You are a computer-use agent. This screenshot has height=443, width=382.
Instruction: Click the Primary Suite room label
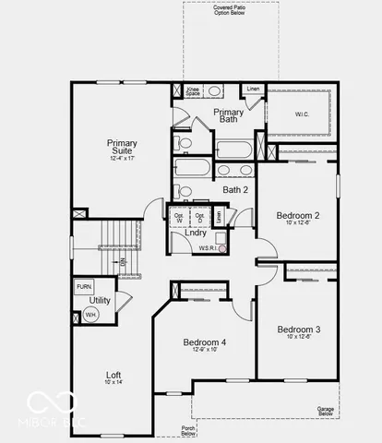tap(122, 149)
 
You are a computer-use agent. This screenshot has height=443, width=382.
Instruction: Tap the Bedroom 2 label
tap(298, 216)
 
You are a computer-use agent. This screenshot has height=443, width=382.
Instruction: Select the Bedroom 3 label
tap(298, 329)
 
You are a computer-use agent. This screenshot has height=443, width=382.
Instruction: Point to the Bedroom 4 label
tap(205, 341)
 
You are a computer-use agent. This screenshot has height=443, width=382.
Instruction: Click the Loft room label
tap(113, 375)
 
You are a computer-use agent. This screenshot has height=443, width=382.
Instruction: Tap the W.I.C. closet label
tap(302, 114)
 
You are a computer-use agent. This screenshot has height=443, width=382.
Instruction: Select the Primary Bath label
tap(229, 116)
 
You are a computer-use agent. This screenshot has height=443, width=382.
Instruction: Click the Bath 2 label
tap(235, 189)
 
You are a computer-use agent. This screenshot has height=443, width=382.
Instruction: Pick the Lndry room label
tap(196, 233)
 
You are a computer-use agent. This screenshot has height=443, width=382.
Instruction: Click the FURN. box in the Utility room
tap(84, 287)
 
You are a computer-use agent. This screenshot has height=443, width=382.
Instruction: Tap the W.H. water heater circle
tap(90, 315)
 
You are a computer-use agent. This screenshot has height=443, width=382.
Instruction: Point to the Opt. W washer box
tap(179, 218)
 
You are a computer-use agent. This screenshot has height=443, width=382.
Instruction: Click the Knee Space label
tap(193, 92)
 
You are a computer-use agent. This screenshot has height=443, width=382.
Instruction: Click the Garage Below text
tap(325, 410)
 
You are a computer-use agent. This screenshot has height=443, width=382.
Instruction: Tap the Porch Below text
tap(188, 431)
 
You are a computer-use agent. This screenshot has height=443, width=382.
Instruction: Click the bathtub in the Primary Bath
tap(233, 150)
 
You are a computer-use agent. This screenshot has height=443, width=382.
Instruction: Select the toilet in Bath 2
tap(185, 191)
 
